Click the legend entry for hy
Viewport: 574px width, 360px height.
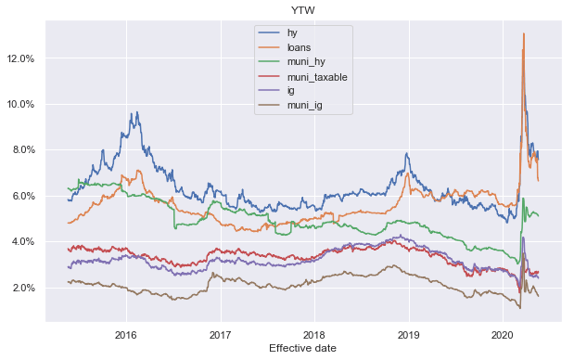tap(292, 33)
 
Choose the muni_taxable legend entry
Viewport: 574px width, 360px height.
tap(317, 78)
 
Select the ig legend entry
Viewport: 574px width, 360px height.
tap(290, 93)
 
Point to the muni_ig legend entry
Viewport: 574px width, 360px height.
tap(307, 108)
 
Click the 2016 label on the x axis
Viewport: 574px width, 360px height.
tap(126, 332)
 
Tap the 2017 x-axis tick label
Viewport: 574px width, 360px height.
tap(221, 332)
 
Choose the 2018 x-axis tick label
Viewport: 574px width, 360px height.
tap(314, 332)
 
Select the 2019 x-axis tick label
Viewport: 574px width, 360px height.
tap(409, 332)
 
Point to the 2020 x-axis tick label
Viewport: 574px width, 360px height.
tap(503, 332)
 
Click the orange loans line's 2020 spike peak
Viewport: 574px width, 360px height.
tap(524, 34)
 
